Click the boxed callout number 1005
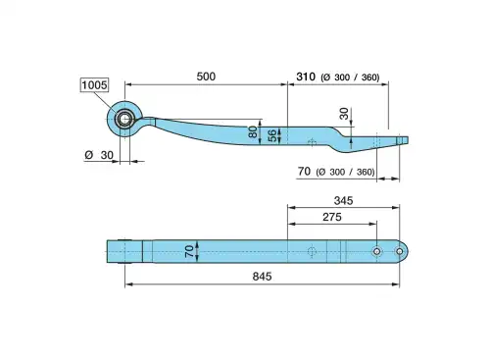pos(94,85)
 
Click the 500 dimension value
pos(206,77)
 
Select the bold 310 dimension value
pos(306,77)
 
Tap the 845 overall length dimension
pos(262,277)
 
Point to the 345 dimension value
pos(343,201)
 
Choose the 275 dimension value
pos(332,217)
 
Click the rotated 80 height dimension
pos(253,131)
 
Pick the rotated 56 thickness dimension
pos(271,135)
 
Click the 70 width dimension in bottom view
pos(189,251)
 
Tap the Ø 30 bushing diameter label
pos(99,155)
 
